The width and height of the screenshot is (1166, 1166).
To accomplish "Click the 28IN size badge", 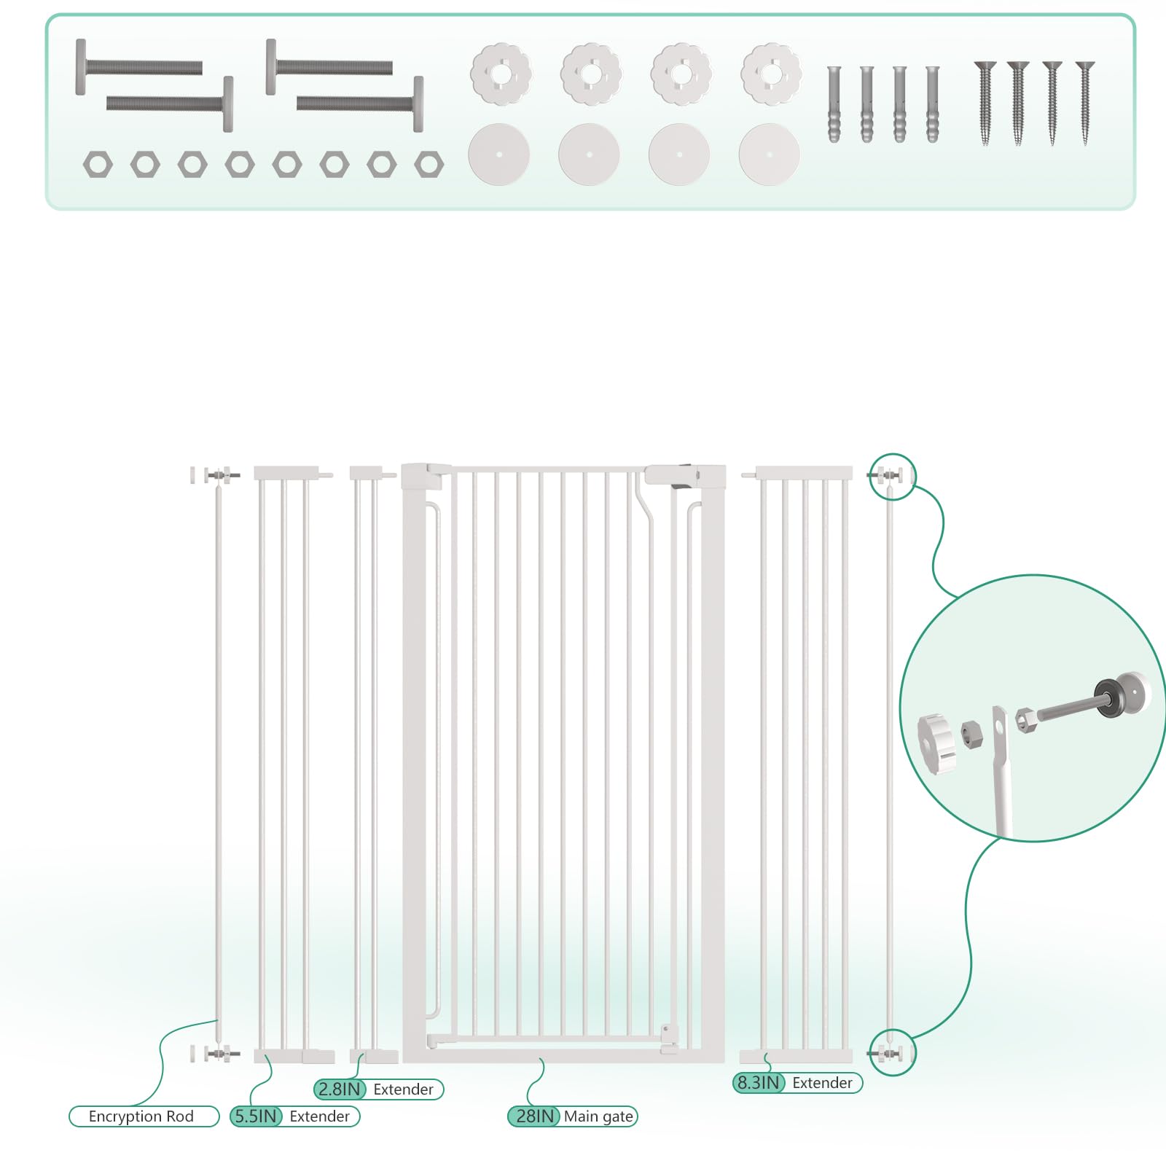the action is coord(534,1116).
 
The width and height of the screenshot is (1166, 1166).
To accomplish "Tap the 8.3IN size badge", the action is coord(759,1082).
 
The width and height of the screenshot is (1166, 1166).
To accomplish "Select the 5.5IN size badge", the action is coord(256,1116).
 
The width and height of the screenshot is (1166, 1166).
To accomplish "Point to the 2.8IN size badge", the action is coord(340,1089).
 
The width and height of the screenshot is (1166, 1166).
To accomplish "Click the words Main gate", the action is coord(598,1116).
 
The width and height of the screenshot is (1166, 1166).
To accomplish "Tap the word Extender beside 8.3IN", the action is coord(822,1083).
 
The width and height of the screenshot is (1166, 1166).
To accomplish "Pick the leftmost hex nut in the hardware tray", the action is coord(98,165).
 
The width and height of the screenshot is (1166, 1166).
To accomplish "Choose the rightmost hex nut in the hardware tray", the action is coord(429,165).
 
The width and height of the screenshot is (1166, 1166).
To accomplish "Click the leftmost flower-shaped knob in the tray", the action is coord(501,74).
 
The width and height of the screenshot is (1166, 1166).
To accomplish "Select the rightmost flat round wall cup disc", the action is coord(770,154).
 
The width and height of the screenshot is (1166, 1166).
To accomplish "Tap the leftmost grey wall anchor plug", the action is coord(834,104).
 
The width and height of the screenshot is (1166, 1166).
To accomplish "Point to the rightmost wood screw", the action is coord(1085,103).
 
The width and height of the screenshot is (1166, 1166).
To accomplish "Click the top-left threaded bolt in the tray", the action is coord(138,67).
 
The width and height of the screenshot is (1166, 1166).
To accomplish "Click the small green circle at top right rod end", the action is coord(892,476).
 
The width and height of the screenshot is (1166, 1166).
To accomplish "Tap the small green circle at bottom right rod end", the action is coord(892,1052).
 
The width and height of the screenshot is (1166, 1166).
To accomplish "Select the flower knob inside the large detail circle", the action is coord(936,744).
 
